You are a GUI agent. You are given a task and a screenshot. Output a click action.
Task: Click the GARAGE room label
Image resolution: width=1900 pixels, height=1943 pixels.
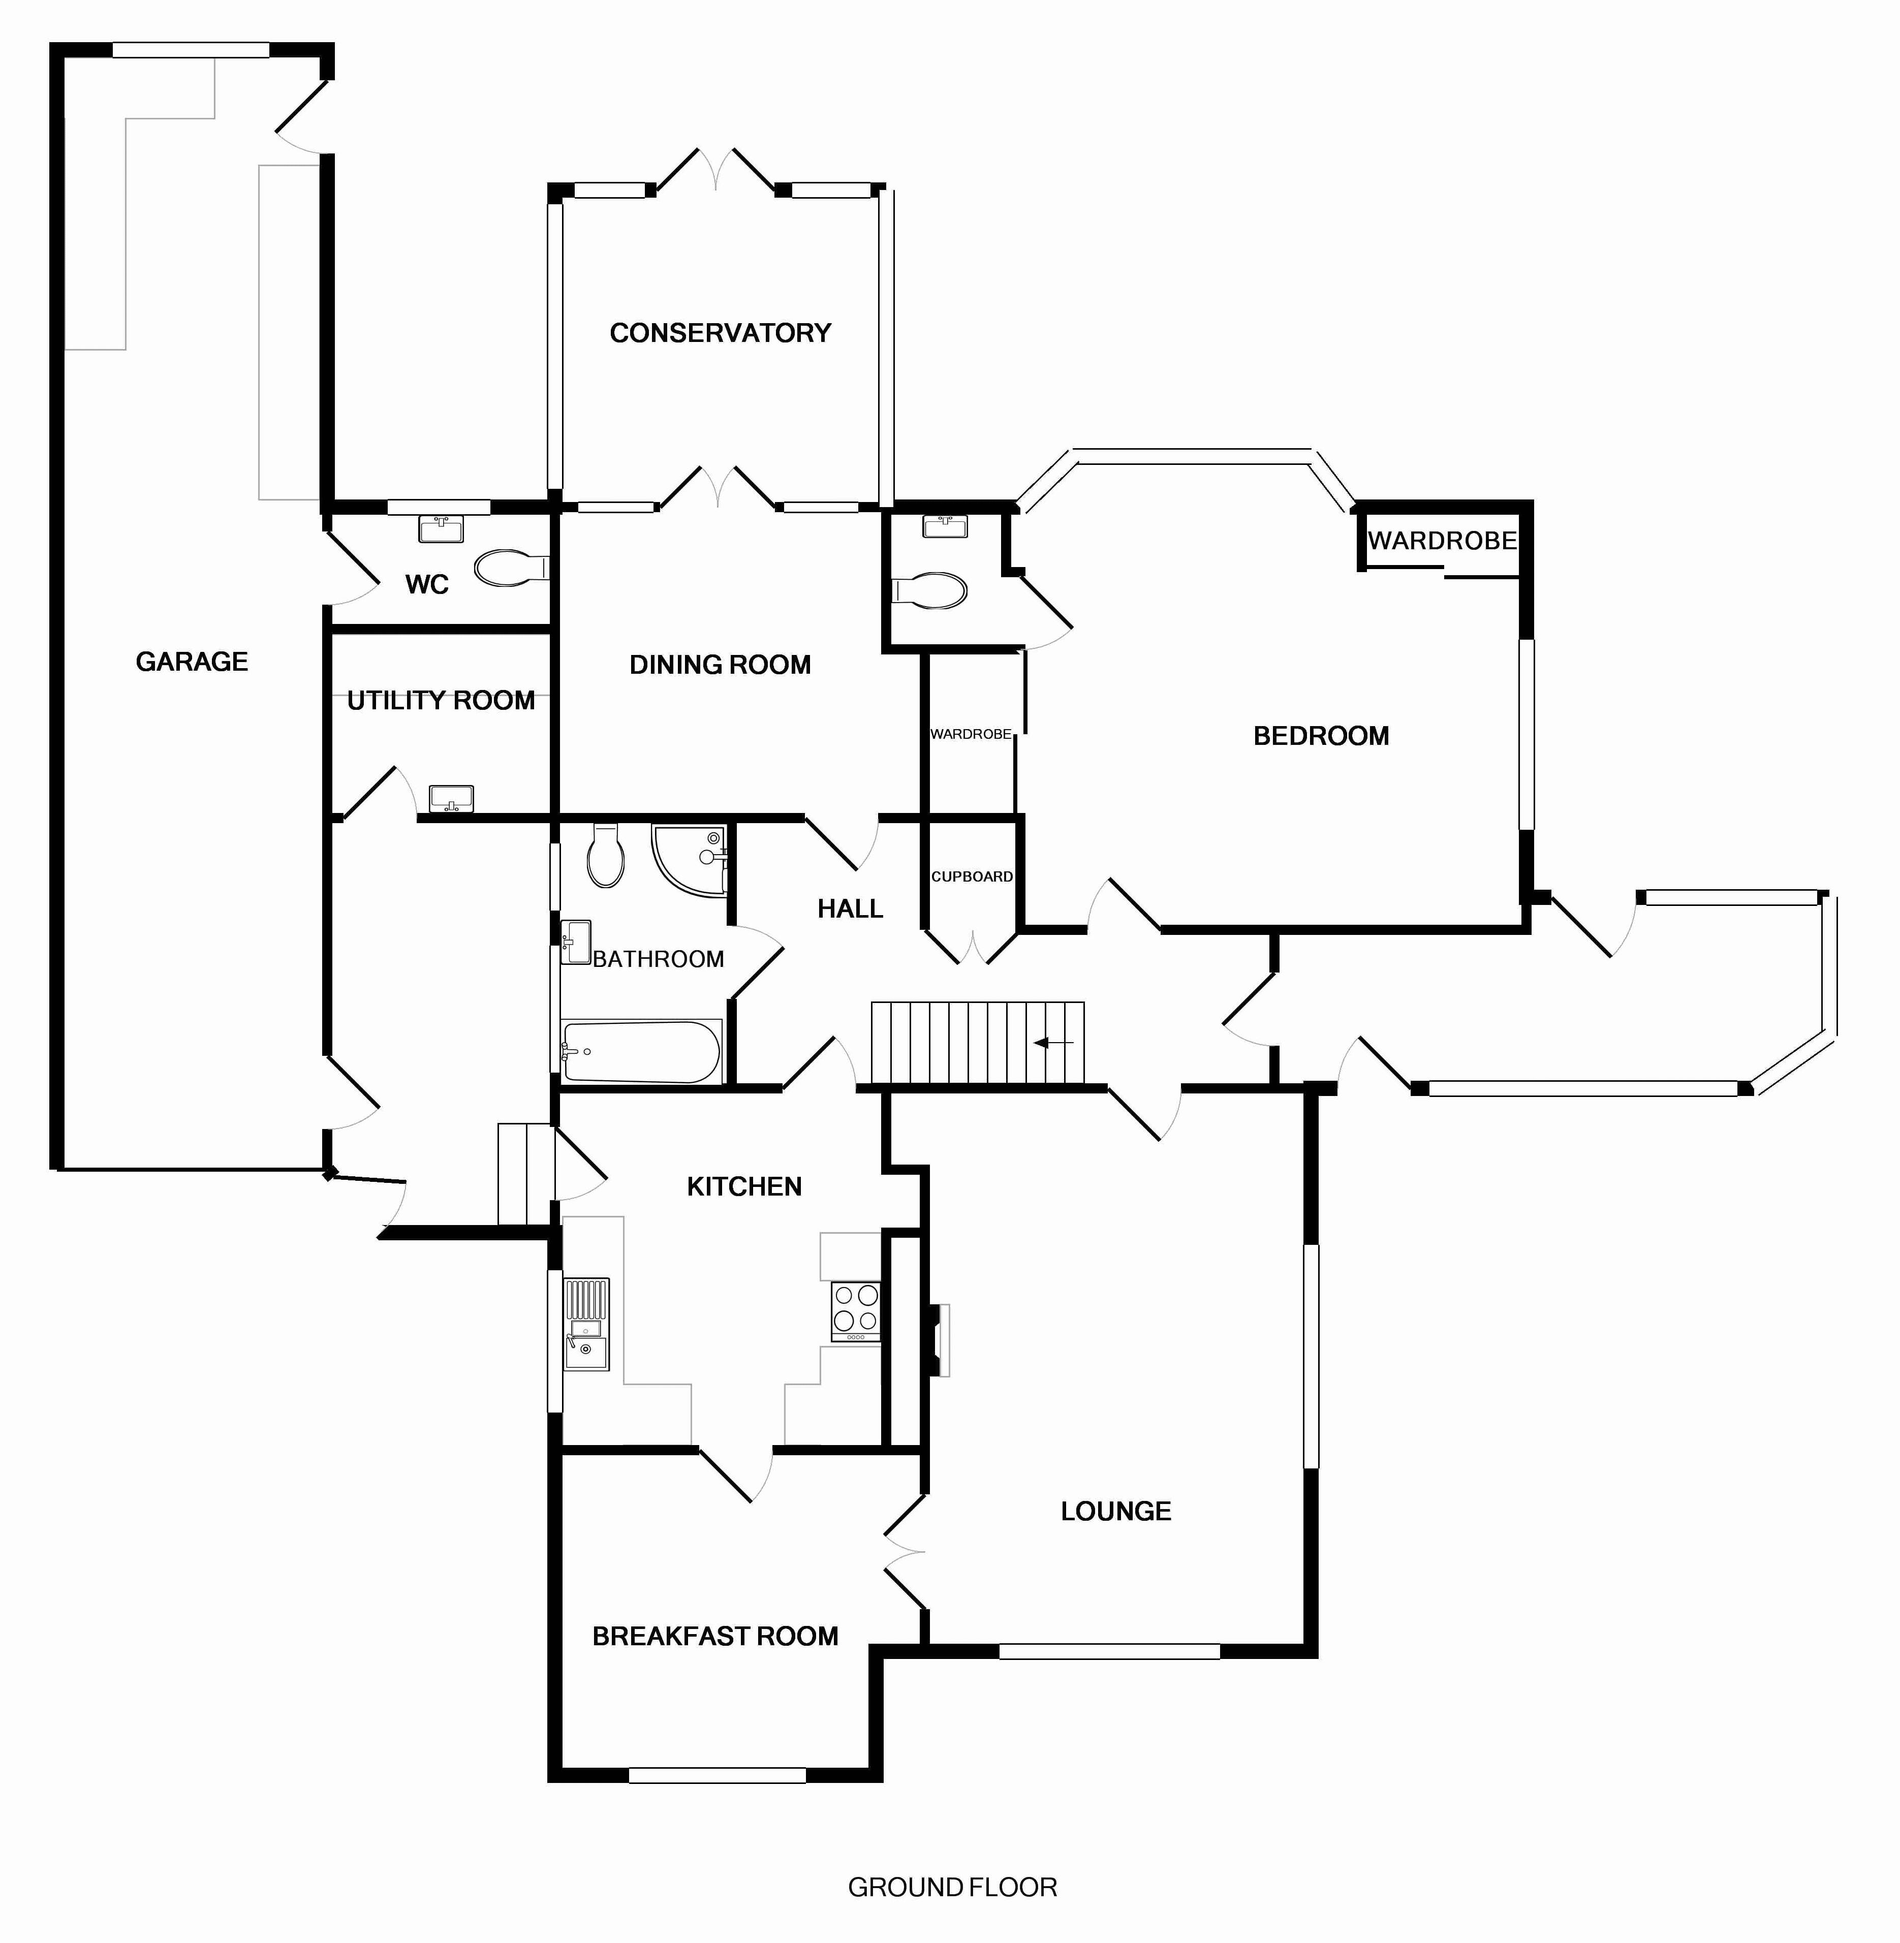(x=192, y=662)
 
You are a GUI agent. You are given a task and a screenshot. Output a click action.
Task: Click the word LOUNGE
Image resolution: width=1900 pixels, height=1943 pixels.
(x=1115, y=1511)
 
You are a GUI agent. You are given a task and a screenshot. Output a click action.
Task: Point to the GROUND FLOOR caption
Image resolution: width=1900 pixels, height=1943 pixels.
(x=952, y=1887)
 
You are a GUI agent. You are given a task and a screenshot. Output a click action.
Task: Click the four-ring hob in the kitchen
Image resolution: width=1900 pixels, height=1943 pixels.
(x=856, y=1309)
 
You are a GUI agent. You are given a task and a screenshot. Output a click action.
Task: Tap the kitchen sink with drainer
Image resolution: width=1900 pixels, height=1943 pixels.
(x=587, y=1324)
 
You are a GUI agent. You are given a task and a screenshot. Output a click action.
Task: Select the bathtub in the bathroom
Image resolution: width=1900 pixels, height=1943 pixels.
(x=641, y=1051)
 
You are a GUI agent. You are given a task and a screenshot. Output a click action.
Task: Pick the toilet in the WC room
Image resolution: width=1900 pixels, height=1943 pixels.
(x=509, y=569)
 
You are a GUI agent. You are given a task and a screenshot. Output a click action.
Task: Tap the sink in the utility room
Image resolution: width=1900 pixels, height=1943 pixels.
(x=451, y=798)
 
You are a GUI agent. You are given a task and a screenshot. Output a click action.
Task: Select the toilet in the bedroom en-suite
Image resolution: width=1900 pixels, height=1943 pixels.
(x=930, y=590)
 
